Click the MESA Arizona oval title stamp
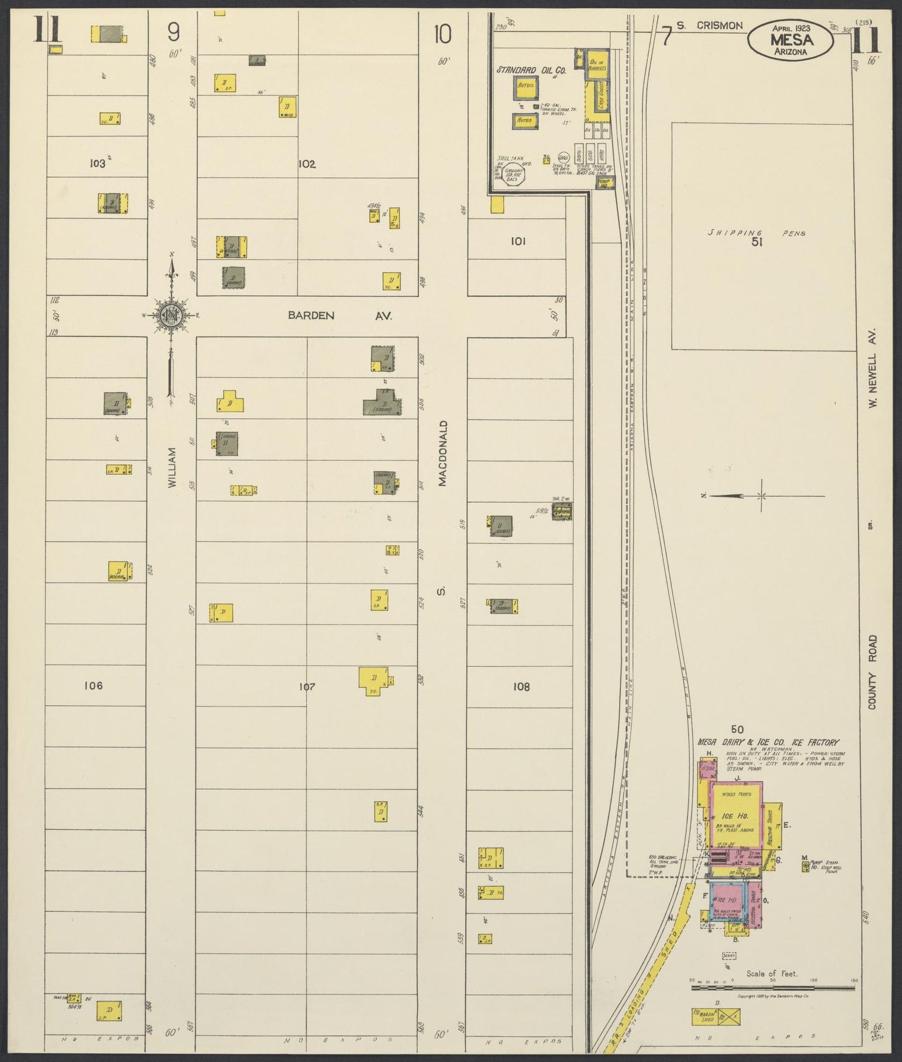pyautogui.click(x=791, y=39)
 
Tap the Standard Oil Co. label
pyautogui.click(x=531, y=71)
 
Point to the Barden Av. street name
pyautogui.click(x=340, y=316)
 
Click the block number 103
pyautogui.click(x=97, y=163)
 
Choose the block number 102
pyautogui.click(x=306, y=164)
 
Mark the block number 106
pyautogui.click(x=93, y=686)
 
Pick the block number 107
pyautogui.click(x=306, y=687)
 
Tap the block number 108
pyautogui.click(x=521, y=686)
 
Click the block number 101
pyautogui.click(x=517, y=241)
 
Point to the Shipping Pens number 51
pyautogui.click(x=757, y=242)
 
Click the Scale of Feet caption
pyautogui.click(x=772, y=973)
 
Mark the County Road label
pyautogui.click(x=872, y=672)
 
